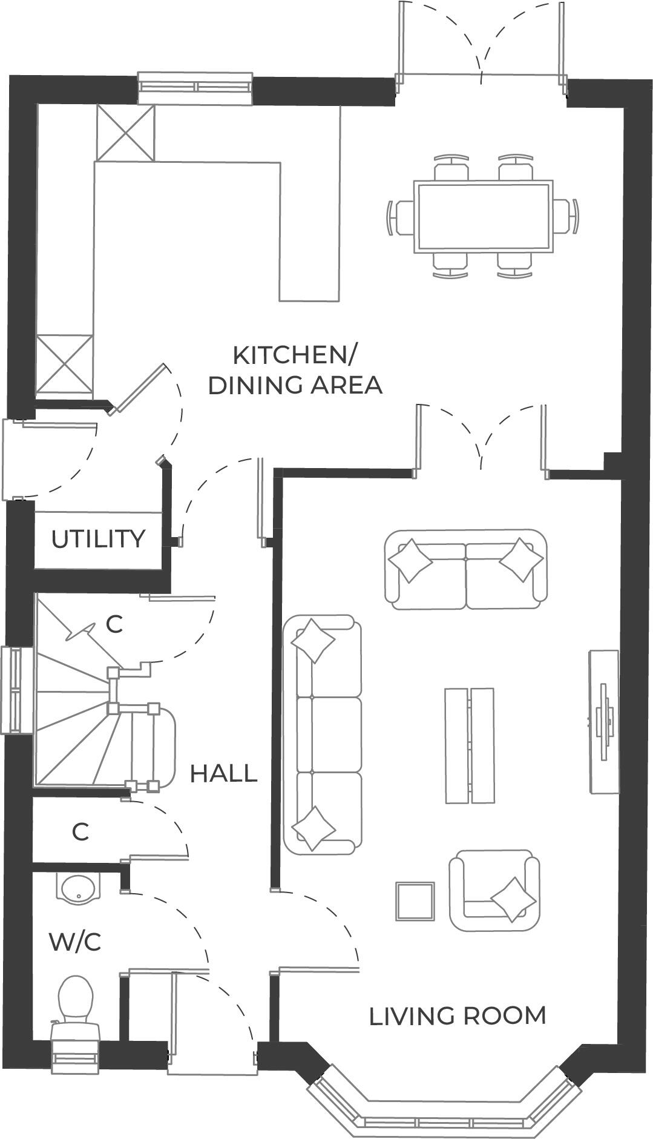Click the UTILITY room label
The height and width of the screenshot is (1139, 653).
click(98, 538)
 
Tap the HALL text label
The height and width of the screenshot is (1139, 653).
click(223, 773)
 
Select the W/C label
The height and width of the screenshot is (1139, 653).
click(75, 942)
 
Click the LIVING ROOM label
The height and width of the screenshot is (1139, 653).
click(458, 1015)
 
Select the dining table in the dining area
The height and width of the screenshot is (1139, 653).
click(483, 216)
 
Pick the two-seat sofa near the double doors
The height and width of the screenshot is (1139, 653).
click(465, 569)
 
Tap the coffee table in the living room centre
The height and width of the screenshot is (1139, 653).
click(470, 745)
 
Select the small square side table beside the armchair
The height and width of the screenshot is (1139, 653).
click(415, 901)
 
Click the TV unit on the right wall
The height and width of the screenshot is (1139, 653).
click(604, 721)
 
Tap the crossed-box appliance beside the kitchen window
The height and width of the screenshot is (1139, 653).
click(126, 132)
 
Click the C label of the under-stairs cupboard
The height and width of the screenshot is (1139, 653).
click(114, 624)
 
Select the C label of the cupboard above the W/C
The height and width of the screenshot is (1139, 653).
click(80, 832)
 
